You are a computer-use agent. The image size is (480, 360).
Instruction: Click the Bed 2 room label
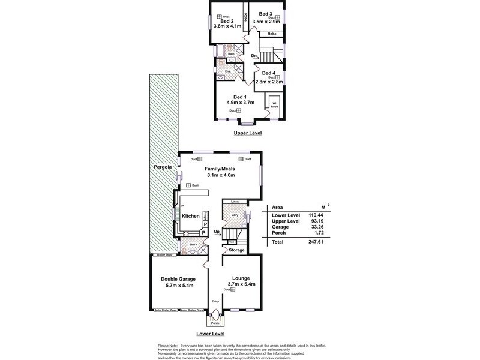pyautogui.click(x=227, y=20)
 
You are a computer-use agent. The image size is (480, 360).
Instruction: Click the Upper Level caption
pyautogui.click(x=248, y=133)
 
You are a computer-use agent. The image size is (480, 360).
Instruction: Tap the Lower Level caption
pyautogui.click(x=211, y=333)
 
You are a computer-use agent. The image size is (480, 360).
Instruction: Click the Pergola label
pyautogui.click(x=162, y=166)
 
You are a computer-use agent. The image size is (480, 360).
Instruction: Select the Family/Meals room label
pyautogui.click(x=219, y=169)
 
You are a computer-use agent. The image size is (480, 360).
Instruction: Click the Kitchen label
pyautogui.click(x=190, y=216)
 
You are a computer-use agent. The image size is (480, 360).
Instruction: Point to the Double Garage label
pyautogui.click(x=178, y=279)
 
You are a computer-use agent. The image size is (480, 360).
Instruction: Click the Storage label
pyautogui.click(x=236, y=250)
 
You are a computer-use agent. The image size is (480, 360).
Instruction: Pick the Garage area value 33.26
pyautogui.click(x=315, y=228)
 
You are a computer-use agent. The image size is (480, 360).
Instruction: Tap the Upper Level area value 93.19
pyautogui.click(x=315, y=221)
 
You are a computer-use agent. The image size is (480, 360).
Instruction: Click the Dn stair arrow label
pyautogui.click(x=254, y=56)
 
